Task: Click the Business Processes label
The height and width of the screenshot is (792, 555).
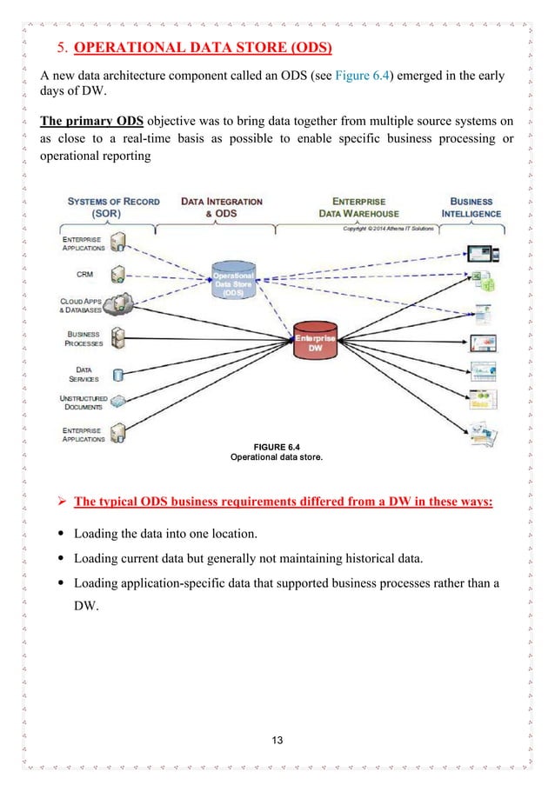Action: (x=84, y=338)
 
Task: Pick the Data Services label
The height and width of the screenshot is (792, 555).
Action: (x=84, y=373)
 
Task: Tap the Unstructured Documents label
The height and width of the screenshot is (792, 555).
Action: (x=83, y=403)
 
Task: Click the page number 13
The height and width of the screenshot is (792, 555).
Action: (x=277, y=740)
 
